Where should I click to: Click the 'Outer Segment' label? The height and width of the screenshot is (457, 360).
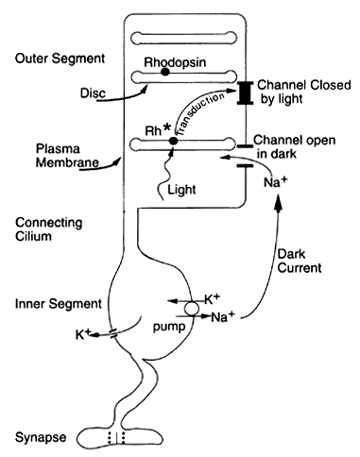tap(60, 59)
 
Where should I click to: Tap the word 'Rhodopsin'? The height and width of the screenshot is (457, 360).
tap(175, 62)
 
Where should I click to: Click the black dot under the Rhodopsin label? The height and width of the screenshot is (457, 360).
tap(165, 72)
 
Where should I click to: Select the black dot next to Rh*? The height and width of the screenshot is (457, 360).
tap(173, 141)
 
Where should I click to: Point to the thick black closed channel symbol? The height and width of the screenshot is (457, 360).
tap(246, 93)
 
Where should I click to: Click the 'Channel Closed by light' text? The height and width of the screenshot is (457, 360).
tap(304, 92)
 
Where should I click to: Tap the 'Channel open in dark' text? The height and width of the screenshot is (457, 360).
tap(295, 147)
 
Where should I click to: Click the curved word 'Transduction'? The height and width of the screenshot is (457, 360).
tap(200, 114)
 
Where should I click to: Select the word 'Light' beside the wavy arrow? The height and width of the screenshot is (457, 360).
tap(181, 190)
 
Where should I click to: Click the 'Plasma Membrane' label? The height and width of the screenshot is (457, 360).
tap(67, 156)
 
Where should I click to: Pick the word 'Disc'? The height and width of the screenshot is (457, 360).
tap(93, 93)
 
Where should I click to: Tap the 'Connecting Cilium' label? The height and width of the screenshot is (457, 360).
tap(49, 229)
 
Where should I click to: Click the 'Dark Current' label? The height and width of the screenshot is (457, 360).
tap(300, 261)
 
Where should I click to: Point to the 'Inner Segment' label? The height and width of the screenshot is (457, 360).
tap(59, 304)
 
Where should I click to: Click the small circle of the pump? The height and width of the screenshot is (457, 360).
tap(192, 309)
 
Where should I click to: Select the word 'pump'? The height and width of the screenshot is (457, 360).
tap(169, 328)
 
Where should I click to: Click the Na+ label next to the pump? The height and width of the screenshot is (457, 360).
tap(223, 316)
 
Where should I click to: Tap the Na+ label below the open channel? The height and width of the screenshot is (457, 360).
tap(276, 182)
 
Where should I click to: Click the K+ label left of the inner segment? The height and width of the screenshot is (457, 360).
tap(83, 334)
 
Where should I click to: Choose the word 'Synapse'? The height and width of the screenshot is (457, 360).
tap(41, 437)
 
